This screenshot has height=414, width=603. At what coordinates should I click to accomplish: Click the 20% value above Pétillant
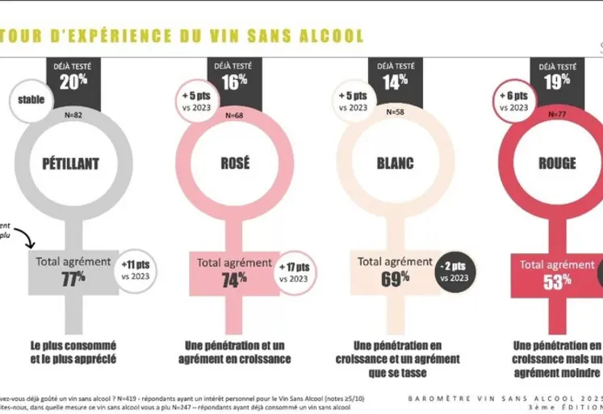coord(73,82)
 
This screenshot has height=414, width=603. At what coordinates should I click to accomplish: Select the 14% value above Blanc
coord(396,81)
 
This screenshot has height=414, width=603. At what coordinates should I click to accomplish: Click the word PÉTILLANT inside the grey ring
coord(70,164)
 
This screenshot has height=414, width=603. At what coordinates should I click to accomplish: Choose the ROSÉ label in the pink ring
coord(235,164)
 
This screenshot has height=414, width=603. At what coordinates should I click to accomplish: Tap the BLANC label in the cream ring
coord(396,164)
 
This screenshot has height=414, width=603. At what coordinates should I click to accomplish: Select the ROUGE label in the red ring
coord(557,164)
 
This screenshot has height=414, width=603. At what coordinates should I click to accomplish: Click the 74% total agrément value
coord(233,279)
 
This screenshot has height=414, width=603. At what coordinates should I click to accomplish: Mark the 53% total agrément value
coord(556,280)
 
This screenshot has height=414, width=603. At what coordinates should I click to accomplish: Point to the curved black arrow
coord(23,236)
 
